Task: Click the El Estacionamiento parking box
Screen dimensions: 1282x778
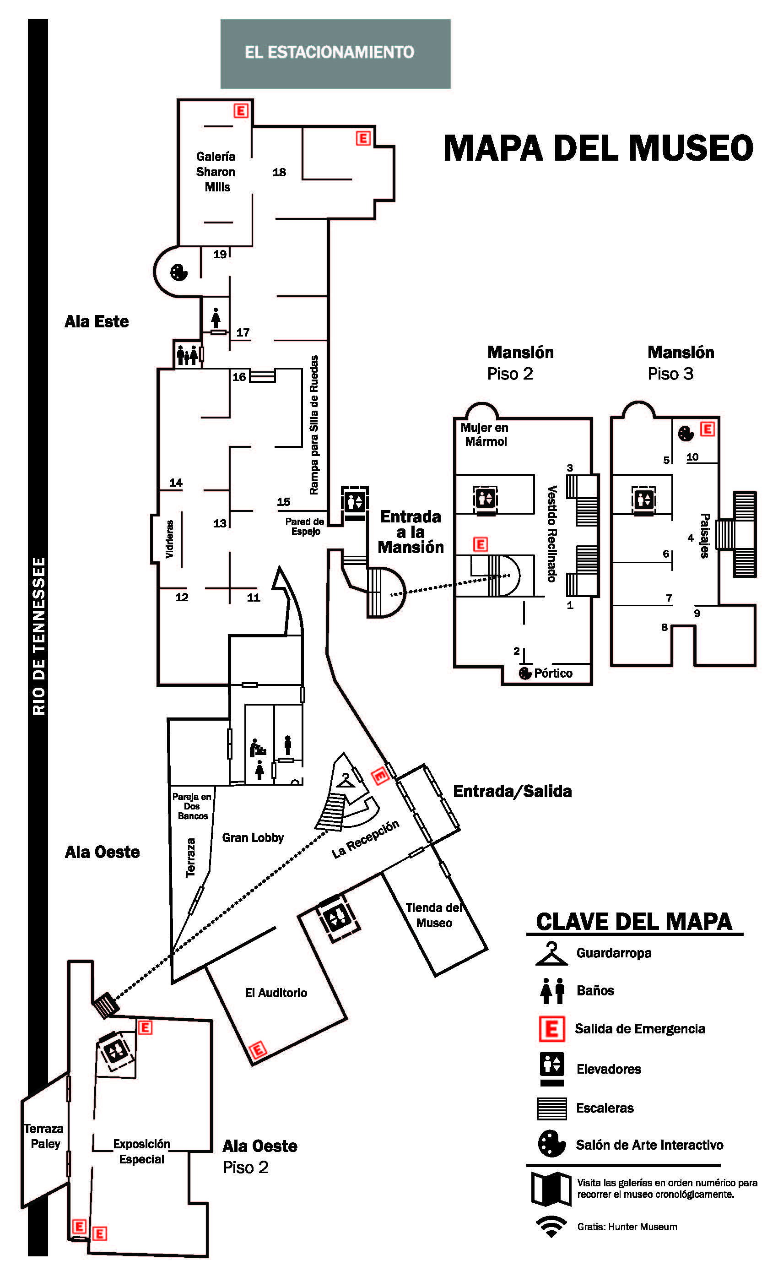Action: tap(335, 54)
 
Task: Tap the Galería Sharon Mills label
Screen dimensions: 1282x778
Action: tap(216, 172)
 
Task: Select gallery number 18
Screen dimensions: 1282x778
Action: tap(279, 172)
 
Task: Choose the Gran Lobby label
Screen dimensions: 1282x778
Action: tap(253, 838)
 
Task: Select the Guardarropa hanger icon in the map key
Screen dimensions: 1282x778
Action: tap(550, 954)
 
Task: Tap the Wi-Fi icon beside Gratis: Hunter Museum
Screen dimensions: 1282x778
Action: tap(551, 1226)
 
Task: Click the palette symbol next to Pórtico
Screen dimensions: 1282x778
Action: tap(525, 673)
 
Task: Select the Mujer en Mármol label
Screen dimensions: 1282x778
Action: tap(485, 435)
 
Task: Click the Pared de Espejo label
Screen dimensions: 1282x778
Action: tap(305, 526)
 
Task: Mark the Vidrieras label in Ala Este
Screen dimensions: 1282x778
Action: tap(169, 539)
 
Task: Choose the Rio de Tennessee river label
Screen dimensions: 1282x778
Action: tap(38, 636)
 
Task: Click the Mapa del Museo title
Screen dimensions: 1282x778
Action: tap(598, 148)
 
